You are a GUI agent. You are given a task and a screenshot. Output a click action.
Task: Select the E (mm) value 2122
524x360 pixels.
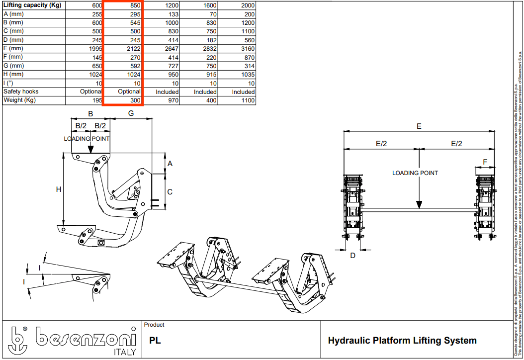pos(129,49)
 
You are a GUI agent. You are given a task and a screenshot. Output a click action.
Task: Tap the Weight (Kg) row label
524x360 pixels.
pos(20,100)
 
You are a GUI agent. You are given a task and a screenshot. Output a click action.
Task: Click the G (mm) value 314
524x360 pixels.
pos(248,66)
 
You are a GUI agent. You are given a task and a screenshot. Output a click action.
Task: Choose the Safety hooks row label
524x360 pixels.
pos(21,92)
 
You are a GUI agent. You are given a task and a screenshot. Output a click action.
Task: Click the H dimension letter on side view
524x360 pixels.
pos(58,189)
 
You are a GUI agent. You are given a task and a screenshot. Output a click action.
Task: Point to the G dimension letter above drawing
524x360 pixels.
pos(131,113)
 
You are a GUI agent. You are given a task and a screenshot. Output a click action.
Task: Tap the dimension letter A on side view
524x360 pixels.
pos(170,164)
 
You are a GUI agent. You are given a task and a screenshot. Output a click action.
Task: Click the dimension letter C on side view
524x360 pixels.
pos(170,191)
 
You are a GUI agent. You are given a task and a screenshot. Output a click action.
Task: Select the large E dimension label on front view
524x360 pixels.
pos(419,126)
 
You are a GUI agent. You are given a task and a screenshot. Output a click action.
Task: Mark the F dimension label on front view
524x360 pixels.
pos(485,162)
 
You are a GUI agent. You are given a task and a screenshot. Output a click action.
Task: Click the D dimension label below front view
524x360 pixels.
pos(352,256)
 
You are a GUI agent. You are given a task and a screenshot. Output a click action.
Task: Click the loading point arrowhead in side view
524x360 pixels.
pos(90,149)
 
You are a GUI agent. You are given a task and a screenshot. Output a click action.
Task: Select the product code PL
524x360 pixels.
pos(155,341)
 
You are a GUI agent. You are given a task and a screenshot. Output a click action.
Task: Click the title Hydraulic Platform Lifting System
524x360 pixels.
pos(402,341)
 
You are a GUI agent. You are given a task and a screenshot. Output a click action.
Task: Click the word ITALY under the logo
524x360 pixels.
pos(121,352)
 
